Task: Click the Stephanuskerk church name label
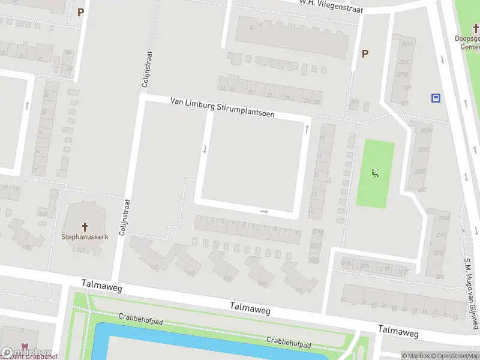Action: (85, 237)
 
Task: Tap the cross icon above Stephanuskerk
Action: (85, 227)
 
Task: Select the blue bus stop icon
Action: (436, 98)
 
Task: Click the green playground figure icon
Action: (375, 173)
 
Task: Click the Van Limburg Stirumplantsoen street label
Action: (222, 107)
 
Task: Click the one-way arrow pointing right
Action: (264, 211)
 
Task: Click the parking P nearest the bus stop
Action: (365, 53)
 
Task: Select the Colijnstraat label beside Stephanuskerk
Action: (124, 216)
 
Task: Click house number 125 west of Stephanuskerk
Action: (26, 247)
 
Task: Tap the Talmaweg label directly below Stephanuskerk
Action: (103, 288)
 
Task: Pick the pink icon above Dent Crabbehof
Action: (25, 347)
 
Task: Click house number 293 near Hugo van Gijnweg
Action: (439, 277)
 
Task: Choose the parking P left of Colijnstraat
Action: (80, 11)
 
